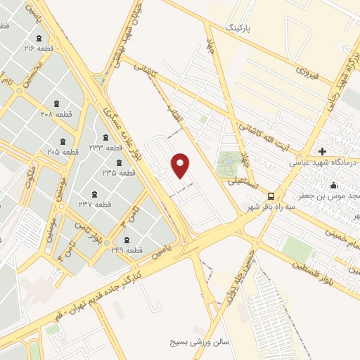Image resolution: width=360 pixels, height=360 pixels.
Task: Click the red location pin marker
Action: click(181, 165)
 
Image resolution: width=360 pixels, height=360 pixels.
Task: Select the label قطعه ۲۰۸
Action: click(56, 113)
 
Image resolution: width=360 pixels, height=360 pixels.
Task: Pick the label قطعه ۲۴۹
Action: click(127, 250)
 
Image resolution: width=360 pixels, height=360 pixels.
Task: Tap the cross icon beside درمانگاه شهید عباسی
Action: click(323, 151)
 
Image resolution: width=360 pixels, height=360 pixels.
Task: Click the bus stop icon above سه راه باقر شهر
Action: click(271, 197)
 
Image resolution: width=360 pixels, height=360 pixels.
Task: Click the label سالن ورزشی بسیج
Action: click(200, 342)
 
